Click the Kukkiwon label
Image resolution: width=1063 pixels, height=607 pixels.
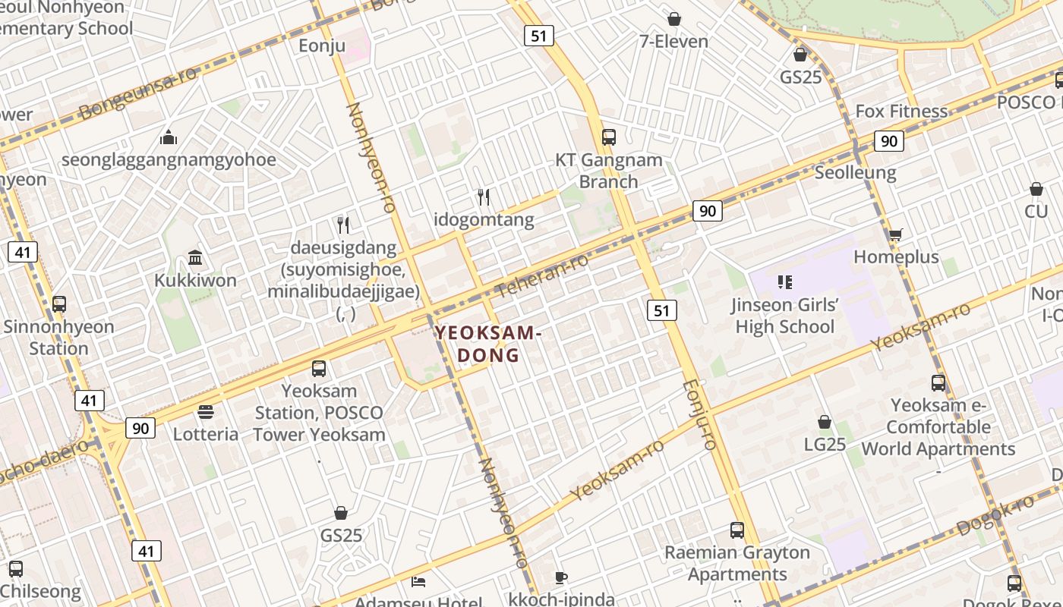point(195,280)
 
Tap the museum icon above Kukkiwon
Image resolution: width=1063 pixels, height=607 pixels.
point(195,258)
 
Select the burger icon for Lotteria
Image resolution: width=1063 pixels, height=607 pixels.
point(206,412)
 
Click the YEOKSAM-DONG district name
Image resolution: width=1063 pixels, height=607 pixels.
point(487,344)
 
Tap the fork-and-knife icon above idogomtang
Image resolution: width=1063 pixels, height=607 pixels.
point(484,197)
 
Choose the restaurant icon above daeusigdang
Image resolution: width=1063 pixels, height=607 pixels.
point(343,225)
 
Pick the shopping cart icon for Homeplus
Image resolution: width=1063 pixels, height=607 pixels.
point(896,235)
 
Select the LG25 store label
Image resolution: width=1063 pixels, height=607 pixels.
point(825,444)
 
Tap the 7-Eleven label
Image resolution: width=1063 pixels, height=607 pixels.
point(673,41)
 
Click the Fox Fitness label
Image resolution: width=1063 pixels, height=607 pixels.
point(901,112)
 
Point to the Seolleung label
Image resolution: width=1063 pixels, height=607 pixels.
point(855,173)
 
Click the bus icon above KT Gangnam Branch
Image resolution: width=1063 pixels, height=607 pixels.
point(608,137)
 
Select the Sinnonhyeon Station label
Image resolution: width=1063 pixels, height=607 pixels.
point(58,338)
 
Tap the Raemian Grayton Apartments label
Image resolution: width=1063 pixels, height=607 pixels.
point(737,563)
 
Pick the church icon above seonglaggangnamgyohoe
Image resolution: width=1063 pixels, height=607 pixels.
point(168,137)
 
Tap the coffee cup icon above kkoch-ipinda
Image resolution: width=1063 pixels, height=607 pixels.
point(560,578)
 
